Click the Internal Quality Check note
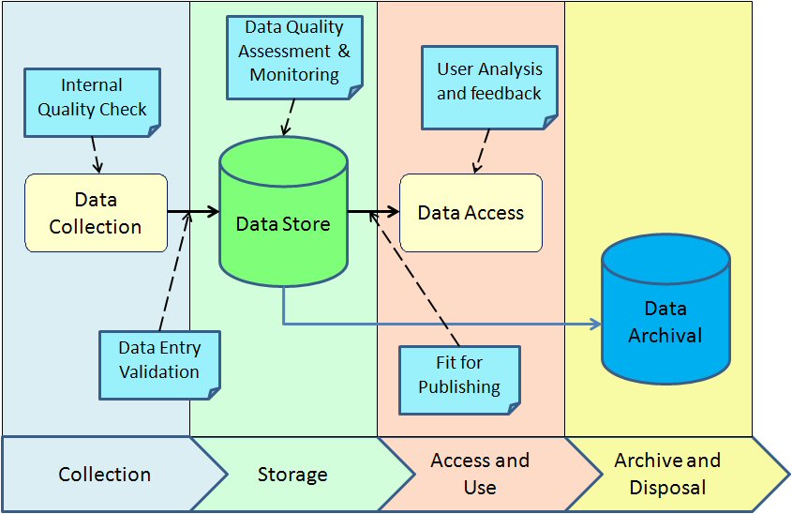(x=92, y=99)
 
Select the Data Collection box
(x=96, y=213)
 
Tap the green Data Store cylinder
(x=283, y=222)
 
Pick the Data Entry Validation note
(x=159, y=359)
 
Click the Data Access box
(x=471, y=213)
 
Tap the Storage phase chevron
(x=292, y=475)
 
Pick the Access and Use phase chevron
(x=480, y=475)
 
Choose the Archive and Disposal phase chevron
(x=667, y=475)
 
